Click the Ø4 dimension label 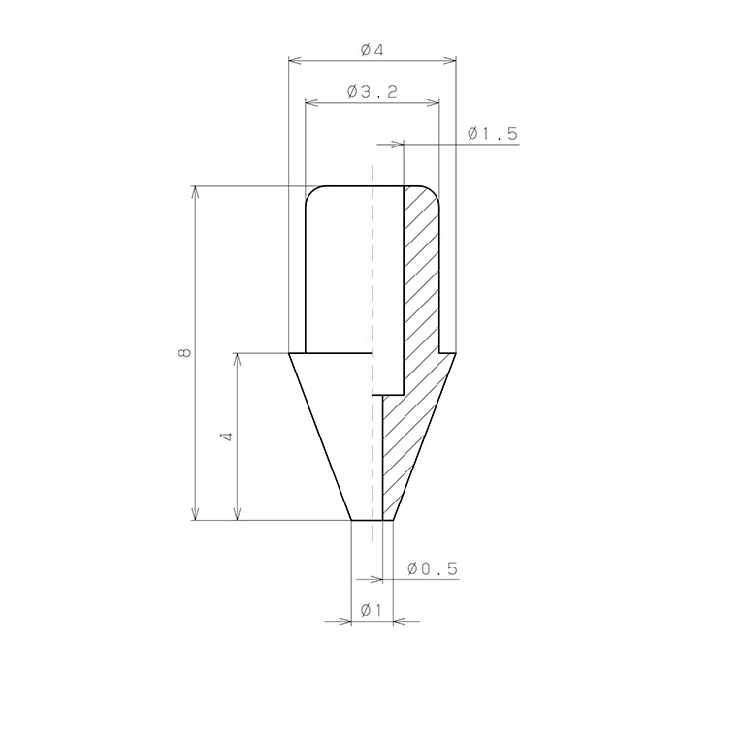point(372,49)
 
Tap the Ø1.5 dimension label point(492,134)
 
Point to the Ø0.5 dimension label point(433,568)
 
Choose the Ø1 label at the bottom point(371,610)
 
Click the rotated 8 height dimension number point(184,353)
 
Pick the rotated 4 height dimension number point(226,437)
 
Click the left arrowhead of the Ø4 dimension point(295,61)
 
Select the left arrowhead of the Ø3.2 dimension point(310,103)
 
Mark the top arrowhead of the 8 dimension point(196,191)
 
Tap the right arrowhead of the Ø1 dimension point(401,621)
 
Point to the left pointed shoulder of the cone point(291,354)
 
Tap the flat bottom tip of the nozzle point(372,520)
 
